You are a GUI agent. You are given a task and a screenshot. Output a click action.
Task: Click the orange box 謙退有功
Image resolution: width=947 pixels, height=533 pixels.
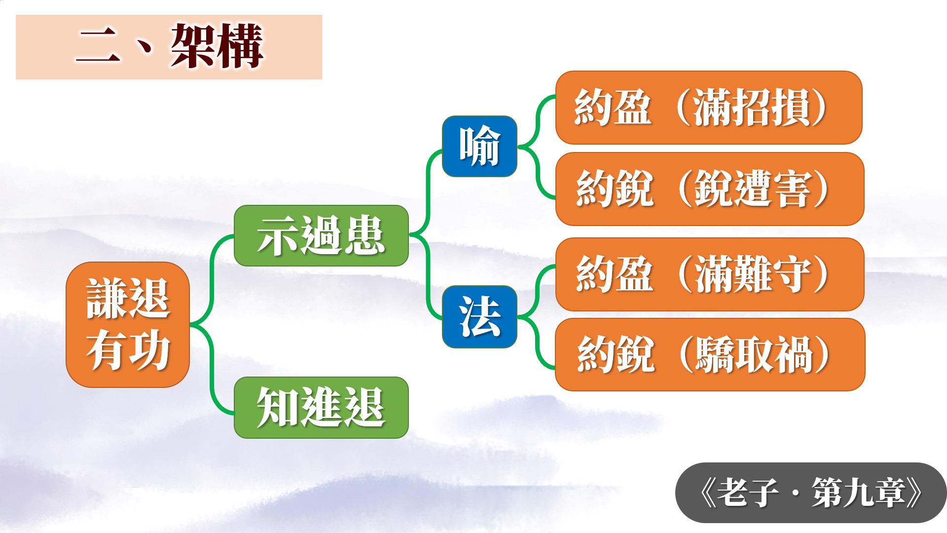pyautogui.click(x=128, y=324)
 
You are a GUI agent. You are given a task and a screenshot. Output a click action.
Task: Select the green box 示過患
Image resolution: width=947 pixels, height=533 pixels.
pyautogui.click(x=321, y=236)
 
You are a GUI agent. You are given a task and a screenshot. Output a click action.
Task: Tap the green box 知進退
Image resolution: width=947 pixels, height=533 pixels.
pyautogui.click(x=321, y=408)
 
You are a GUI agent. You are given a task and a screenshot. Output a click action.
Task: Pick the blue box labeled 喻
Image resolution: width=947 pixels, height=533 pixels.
pyautogui.click(x=479, y=146)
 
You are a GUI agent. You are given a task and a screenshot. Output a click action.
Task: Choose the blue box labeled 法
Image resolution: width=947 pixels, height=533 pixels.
pyautogui.click(x=479, y=317)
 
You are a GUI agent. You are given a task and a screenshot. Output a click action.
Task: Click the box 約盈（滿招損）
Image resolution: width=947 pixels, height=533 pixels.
pyautogui.click(x=709, y=108)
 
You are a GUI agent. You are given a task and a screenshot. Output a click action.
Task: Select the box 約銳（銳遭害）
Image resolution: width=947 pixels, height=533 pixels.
pyautogui.click(x=710, y=189)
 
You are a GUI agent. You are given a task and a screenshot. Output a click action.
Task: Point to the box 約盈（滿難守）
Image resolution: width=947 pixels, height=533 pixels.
pyautogui.click(x=710, y=274)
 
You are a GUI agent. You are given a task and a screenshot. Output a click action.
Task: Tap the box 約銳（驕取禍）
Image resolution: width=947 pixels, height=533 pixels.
pyautogui.click(x=710, y=354)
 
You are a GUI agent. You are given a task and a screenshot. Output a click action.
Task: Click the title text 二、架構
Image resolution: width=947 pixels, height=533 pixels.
pyautogui.click(x=170, y=46)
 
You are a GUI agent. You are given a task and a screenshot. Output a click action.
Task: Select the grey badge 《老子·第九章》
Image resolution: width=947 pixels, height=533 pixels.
pyautogui.click(x=811, y=493)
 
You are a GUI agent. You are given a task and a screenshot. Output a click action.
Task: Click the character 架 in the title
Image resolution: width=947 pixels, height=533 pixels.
pyautogui.click(x=193, y=46)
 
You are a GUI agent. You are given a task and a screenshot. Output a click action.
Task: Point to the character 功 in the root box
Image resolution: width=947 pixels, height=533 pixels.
pyautogui.click(x=149, y=350)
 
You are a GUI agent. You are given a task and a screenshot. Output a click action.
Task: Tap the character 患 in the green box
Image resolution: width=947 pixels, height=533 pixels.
pyautogui.click(x=364, y=236)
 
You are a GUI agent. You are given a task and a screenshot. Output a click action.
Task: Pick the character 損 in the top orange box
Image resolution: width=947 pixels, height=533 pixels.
pyautogui.click(x=791, y=108)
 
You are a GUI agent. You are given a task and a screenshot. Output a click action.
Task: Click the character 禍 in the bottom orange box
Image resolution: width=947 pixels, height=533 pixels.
pyautogui.click(x=793, y=354)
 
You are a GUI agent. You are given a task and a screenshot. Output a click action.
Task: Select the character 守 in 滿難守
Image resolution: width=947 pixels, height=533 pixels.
pyautogui.click(x=792, y=274)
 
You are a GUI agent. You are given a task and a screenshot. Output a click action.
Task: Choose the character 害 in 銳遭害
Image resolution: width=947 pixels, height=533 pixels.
pyautogui.click(x=792, y=189)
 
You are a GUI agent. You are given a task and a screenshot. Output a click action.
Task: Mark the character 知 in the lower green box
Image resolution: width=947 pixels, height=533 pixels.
pyautogui.click(x=278, y=408)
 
